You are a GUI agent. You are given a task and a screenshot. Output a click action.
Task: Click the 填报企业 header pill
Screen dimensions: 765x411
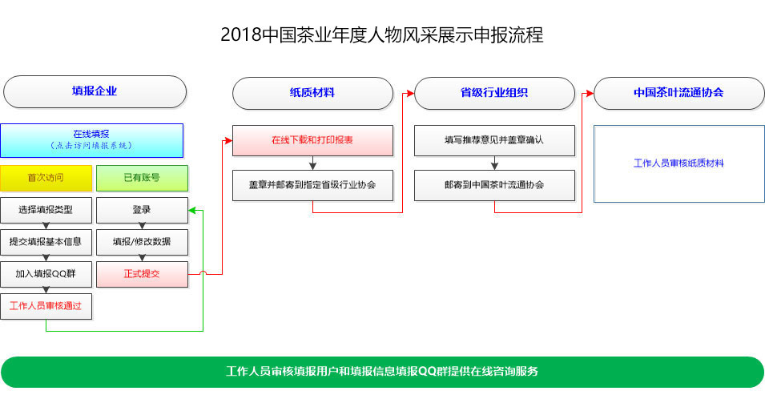pos(95,92)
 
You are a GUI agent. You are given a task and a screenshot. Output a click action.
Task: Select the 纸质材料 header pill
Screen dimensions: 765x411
pos(312,93)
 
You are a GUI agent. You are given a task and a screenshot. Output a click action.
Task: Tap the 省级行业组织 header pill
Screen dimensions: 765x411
pos(494,93)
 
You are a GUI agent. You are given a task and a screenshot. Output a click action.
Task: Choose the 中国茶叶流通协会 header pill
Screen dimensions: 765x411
pos(678,93)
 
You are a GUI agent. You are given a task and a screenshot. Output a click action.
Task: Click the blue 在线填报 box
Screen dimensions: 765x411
pos(92,140)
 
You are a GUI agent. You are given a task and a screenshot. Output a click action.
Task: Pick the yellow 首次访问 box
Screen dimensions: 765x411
pos(46,178)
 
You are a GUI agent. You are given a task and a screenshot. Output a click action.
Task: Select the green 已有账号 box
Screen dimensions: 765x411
pos(142,178)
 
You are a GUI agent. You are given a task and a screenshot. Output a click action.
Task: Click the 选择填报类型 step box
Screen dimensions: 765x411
pos(46,210)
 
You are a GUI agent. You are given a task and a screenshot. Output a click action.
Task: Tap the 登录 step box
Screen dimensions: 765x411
pos(142,210)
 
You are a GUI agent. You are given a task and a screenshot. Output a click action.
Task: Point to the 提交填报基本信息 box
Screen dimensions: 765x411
pos(46,242)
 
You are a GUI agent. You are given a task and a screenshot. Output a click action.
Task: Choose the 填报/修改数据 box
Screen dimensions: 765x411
pos(142,242)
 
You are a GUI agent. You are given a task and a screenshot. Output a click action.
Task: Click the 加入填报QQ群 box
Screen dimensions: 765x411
pos(46,274)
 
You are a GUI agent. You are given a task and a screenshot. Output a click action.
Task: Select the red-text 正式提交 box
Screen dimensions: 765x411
pos(142,274)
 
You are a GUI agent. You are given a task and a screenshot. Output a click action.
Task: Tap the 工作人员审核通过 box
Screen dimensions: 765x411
pos(46,307)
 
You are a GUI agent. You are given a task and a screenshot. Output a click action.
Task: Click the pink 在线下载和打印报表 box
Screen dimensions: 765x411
pos(312,140)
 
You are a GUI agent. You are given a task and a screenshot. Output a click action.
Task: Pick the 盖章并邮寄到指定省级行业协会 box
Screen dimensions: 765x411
pos(312,186)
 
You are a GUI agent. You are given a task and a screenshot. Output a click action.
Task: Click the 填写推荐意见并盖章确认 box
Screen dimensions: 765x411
pos(494,140)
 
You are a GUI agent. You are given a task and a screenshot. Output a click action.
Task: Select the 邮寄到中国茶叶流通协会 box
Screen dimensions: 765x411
pos(494,186)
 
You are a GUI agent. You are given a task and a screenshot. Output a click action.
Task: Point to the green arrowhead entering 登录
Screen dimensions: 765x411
pos(191,211)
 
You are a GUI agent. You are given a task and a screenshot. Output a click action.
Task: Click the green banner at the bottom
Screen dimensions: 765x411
pos(383,372)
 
